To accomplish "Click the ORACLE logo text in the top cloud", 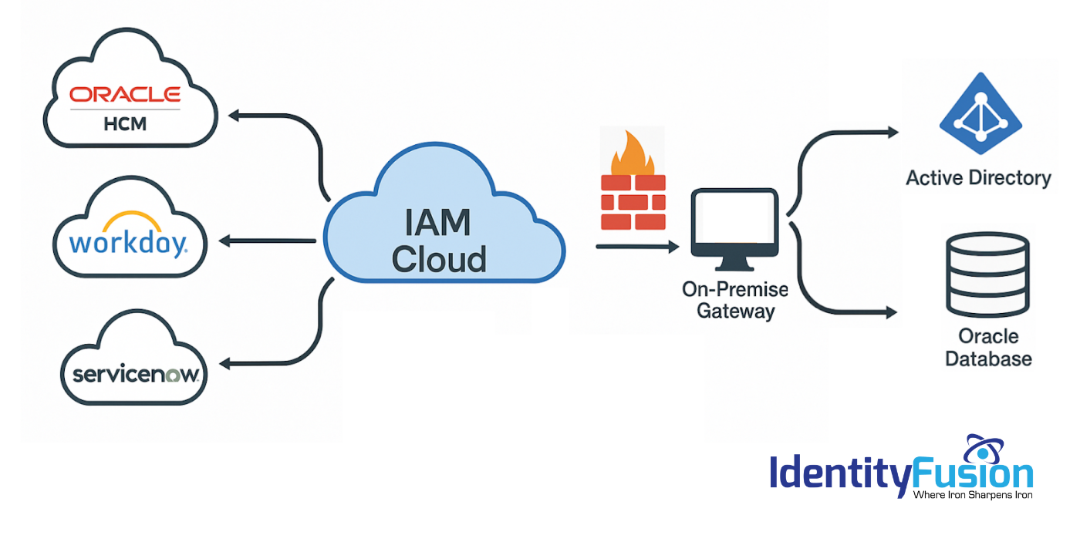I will pos(125,95).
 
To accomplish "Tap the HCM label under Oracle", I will pos(125,123).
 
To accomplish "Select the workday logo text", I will pos(127,243).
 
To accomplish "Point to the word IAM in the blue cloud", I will pos(437,223).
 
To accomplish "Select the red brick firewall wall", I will pos(633,202).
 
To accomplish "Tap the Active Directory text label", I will pos(978,178).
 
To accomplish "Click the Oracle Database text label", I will pos(988,348).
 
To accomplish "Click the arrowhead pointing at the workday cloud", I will pos(225,241).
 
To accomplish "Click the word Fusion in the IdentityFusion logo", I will pos(971,473).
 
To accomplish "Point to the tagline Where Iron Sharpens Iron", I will pos(972,494).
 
